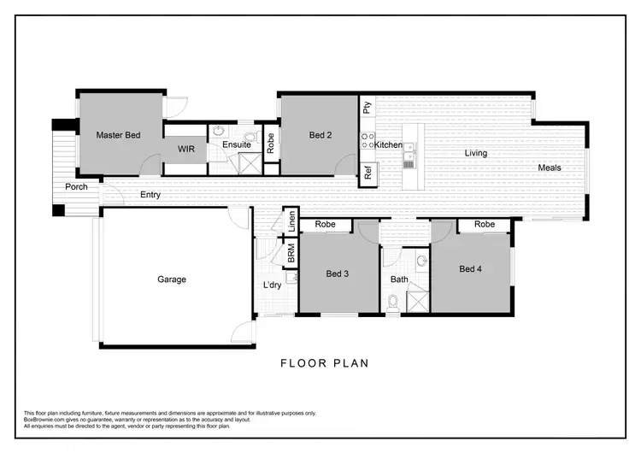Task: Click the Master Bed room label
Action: point(118,135)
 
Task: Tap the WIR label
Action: point(187,149)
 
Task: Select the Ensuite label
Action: point(237,145)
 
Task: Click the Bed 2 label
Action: point(320,135)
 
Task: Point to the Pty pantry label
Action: point(367,108)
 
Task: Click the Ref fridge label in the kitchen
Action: point(368,171)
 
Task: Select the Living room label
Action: point(475,154)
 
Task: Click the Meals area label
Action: point(550,168)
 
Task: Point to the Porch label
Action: point(76,187)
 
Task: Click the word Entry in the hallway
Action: point(150,196)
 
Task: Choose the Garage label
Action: point(172,279)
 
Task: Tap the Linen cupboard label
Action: point(291,221)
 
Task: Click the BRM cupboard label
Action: point(291,252)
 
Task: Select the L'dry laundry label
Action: point(272,285)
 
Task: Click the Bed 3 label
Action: point(338,274)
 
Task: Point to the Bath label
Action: point(399,279)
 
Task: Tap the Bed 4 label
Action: point(470,269)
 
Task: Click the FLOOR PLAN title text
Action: point(325,363)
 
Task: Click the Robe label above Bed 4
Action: point(485,225)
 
